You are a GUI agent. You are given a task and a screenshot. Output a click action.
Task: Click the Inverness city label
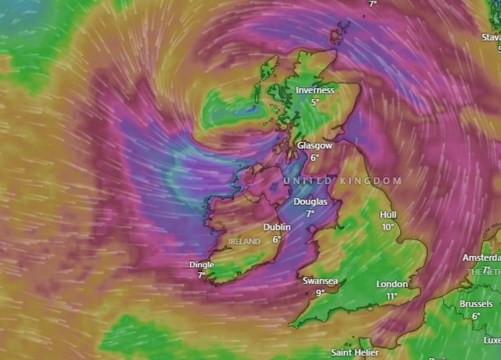pos(315,90)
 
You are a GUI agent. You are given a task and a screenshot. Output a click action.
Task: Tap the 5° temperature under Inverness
pos(315,101)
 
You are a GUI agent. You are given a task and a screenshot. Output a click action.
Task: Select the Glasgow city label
pos(314,145)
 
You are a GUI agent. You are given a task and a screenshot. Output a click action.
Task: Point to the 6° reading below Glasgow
pos(314,157)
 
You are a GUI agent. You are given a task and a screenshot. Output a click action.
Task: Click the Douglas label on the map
pos(310,202)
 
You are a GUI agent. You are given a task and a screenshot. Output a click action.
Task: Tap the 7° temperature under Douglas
pos(310,213)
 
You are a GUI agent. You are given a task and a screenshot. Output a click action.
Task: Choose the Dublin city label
pos(277,227)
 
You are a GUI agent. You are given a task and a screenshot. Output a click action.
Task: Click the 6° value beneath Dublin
pos(277,239)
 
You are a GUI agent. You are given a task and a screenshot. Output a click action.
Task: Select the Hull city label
pos(388,215)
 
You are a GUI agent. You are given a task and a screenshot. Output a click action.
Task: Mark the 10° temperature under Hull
pos(388,227)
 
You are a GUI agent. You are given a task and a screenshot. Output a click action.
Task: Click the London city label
pos(392,284)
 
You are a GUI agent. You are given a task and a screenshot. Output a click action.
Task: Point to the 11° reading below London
pos(392,296)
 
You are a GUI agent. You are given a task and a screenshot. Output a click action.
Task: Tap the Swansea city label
pos(320,281)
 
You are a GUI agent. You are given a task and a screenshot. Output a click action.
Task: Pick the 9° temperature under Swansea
pos(320,293)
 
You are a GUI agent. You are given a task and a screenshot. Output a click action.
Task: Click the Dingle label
pos(202,265)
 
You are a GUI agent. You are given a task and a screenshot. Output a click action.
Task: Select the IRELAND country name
pos(244,241)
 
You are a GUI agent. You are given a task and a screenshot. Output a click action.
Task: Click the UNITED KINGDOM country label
pos(343,181)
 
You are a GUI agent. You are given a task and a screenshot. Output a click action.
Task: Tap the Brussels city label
pos(476,304)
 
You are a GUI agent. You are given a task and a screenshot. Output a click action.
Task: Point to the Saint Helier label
pos(355,352)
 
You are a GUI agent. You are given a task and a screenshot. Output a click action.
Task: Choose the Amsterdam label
pos(482,258)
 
